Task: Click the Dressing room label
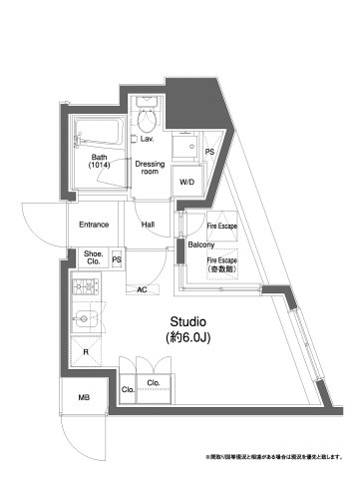[150, 167]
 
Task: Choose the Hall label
[148, 225]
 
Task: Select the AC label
[141, 289]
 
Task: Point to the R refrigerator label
[86, 351]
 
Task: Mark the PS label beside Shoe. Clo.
[117, 260]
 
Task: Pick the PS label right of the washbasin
[208, 152]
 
